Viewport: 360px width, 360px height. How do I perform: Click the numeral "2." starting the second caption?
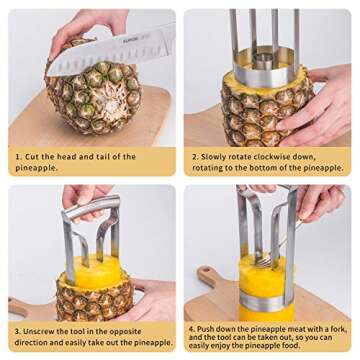pyautogui.click(x=196, y=157)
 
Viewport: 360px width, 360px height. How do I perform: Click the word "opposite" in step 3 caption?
pyautogui.click(x=134, y=330)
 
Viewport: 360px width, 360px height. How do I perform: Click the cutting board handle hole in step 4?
pyautogui.click(x=208, y=273)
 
